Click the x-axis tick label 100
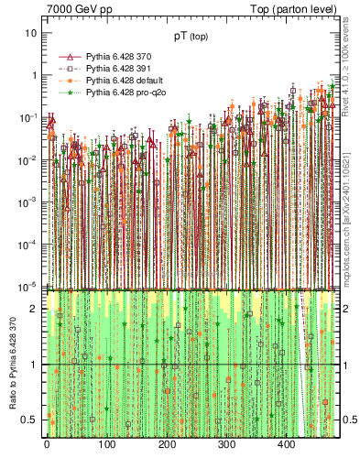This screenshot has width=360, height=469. [106, 445]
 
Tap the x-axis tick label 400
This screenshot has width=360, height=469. [286, 445]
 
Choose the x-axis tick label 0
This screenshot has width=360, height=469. [47, 445]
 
